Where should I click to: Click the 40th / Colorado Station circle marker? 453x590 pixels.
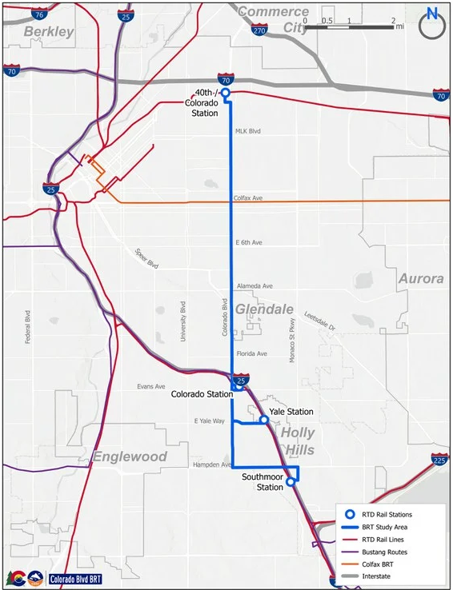click(x=226, y=93)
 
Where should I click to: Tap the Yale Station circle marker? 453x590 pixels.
click(x=263, y=419)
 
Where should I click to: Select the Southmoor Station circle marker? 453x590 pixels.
click(x=291, y=481)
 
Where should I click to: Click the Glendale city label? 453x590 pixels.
click(x=264, y=309)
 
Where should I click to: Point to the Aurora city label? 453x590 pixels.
click(x=420, y=279)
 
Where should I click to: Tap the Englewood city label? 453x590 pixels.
click(x=130, y=456)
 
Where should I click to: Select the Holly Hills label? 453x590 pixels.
click(x=297, y=441)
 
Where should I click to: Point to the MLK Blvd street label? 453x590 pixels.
click(x=248, y=131)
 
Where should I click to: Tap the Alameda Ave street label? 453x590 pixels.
click(x=255, y=285)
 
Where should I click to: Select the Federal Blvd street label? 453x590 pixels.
click(x=28, y=327)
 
